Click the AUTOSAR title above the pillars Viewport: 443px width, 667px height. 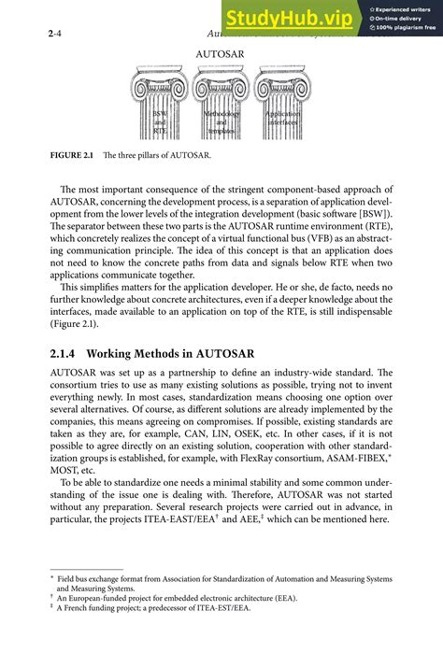point(221,54)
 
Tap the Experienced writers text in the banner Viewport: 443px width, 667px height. point(405,7)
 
